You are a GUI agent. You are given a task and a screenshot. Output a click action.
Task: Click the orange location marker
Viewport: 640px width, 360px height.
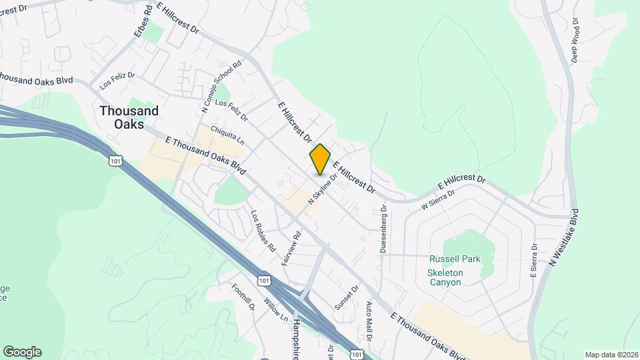click(x=320, y=159)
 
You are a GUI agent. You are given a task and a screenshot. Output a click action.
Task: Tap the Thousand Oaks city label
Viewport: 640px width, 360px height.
click(x=129, y=117)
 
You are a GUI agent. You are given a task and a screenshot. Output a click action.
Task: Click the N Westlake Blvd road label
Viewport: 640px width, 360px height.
click(x=564, y=239)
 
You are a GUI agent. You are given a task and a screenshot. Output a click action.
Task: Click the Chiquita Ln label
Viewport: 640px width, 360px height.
click(x=227, y=135)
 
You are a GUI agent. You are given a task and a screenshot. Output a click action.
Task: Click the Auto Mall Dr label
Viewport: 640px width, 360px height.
click(x=369, y=318)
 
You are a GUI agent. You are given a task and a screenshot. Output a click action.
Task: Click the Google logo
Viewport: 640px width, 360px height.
click(x=22, y=351)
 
